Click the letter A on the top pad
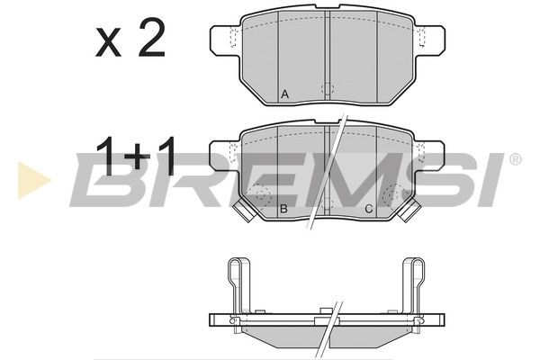click(x=284, y=94)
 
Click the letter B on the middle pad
click(x=283, y=209)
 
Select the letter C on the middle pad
click(x=368, y=209)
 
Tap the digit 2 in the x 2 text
click(x=151, y=38)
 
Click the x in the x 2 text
click(x=108, y=44)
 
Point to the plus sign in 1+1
click(x=138, y=157)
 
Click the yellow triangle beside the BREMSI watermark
click(x=33, y=181)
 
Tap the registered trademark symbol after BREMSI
click(x=515, y=159)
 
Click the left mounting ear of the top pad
click(x=225, y=40)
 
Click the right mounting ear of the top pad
click(x=430, y=40)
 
